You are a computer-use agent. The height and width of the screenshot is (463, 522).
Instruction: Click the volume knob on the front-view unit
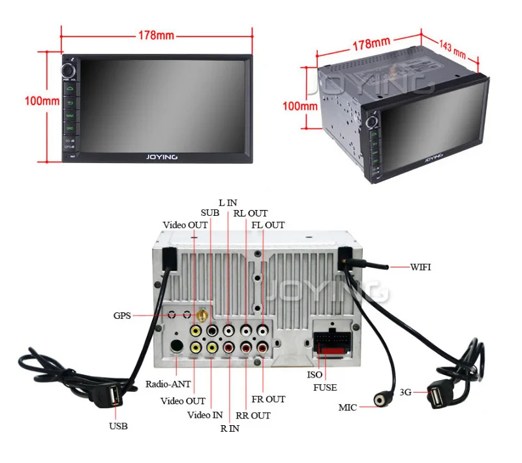69,70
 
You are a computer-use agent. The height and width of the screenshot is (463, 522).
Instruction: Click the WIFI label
420,267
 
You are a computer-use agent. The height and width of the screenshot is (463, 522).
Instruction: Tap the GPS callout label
122,316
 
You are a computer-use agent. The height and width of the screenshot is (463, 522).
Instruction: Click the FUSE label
324,387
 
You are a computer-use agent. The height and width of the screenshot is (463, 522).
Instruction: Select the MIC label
347,408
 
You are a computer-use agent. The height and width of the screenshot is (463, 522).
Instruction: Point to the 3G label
405,392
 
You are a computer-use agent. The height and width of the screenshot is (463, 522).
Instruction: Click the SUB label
209,213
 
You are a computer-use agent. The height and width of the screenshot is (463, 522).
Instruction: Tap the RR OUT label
253,415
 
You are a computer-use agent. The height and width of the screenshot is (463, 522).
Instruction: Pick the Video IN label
205,415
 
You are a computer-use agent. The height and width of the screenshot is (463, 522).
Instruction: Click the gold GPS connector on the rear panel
204,317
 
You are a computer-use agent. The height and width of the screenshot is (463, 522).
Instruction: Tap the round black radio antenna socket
176,346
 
